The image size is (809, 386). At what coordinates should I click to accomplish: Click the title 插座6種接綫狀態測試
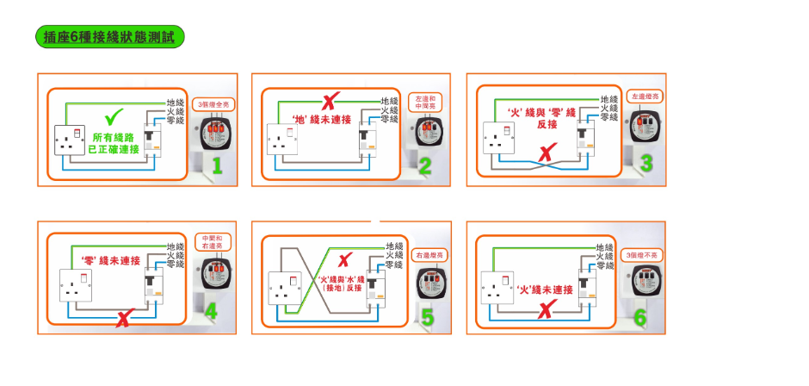click(108, 36)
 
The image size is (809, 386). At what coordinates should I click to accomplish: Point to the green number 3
click(646, 163)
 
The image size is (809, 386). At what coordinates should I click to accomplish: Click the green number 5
click(428, 317)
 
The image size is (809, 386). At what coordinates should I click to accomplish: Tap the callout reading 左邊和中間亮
click(425, 102)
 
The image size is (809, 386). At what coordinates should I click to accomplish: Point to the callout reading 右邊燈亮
click(428, 256)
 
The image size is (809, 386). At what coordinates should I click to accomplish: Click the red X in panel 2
click(328, 102)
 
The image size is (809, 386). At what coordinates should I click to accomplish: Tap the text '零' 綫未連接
click(110, 260)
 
